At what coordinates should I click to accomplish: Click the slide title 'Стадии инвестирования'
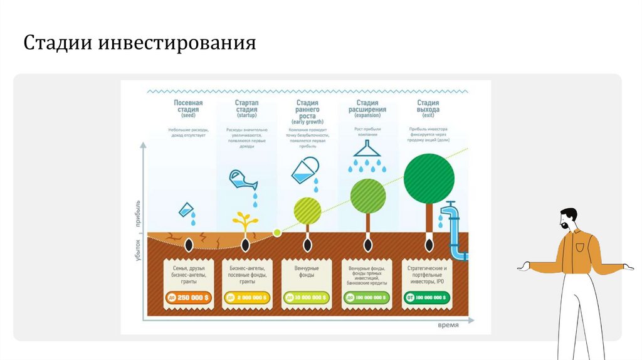pos(140,43)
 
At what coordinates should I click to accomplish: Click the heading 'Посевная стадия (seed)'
pos(188,109)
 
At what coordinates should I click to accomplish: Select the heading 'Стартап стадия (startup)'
pos(246,109)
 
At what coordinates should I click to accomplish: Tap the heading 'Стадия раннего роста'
pos(307,110)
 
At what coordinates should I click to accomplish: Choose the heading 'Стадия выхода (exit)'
pos(428,109)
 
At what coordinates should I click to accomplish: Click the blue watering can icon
pos(243,179)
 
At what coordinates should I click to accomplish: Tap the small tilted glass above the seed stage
pos(186,210)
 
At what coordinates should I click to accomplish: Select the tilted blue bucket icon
pos(305,170)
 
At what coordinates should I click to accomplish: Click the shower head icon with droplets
pos(367,151)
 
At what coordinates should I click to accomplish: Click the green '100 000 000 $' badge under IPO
pos(426,297)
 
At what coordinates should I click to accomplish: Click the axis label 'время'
pos(448,325)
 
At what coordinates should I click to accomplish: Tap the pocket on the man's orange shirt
pos(579,246)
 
